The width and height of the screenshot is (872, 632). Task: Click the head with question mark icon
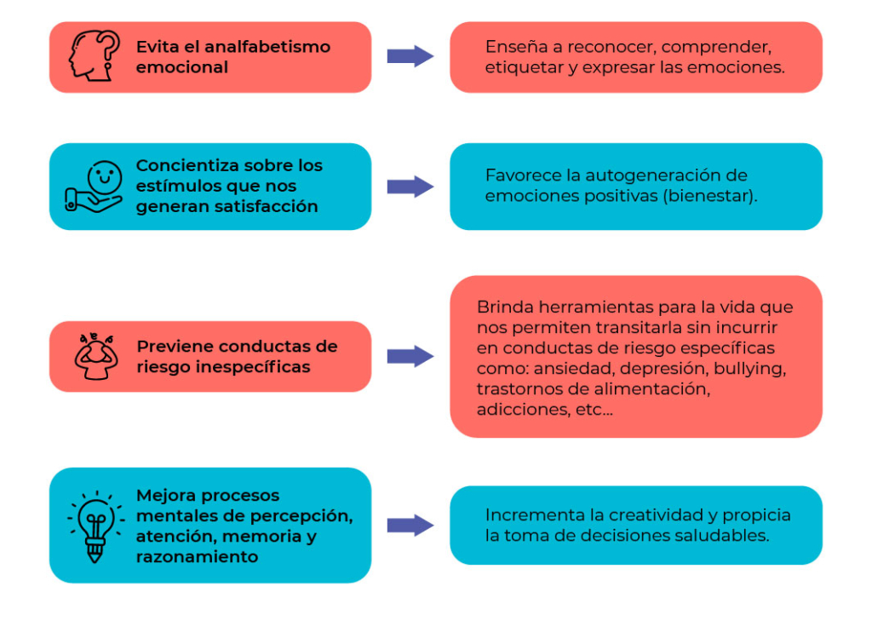94,56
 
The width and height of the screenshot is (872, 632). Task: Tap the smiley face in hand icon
94,187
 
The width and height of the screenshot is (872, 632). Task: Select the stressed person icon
95,356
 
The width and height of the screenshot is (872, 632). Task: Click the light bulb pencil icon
95,526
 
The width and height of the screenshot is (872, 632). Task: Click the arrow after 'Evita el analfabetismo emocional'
410,56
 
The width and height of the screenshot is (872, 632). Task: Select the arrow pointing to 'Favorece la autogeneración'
410,187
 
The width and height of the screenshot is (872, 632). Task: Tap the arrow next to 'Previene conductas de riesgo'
410,356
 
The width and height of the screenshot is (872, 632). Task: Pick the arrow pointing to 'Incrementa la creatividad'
410,526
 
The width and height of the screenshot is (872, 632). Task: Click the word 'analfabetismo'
267,47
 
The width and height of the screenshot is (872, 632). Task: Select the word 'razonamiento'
197,557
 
